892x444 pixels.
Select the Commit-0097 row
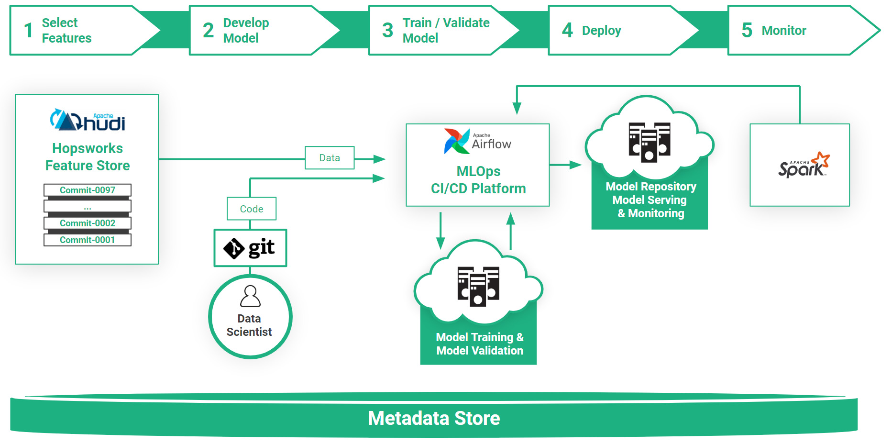(88, 190)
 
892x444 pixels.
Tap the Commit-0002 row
(88, 223)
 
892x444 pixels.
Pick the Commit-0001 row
(88, 240)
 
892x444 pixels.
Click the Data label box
(330, 158)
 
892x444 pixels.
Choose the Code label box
(252, 209)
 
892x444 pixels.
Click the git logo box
(250, 248)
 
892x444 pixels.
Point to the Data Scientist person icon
(250, 296)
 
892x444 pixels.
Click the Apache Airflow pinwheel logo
(456, 141)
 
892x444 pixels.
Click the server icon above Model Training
(478, 286)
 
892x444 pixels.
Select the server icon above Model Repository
(650, 142)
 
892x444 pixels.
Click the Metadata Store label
(434, 418)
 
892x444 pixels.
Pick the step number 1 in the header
(29, 31)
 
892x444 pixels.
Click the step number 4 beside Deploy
(567, 30)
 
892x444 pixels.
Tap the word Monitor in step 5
(784, 31)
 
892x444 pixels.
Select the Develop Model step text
(246, 30)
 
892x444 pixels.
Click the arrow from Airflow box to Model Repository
(565, 165)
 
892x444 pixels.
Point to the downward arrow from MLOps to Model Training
(440, 231)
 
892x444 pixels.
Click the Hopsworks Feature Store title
(88, 157)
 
